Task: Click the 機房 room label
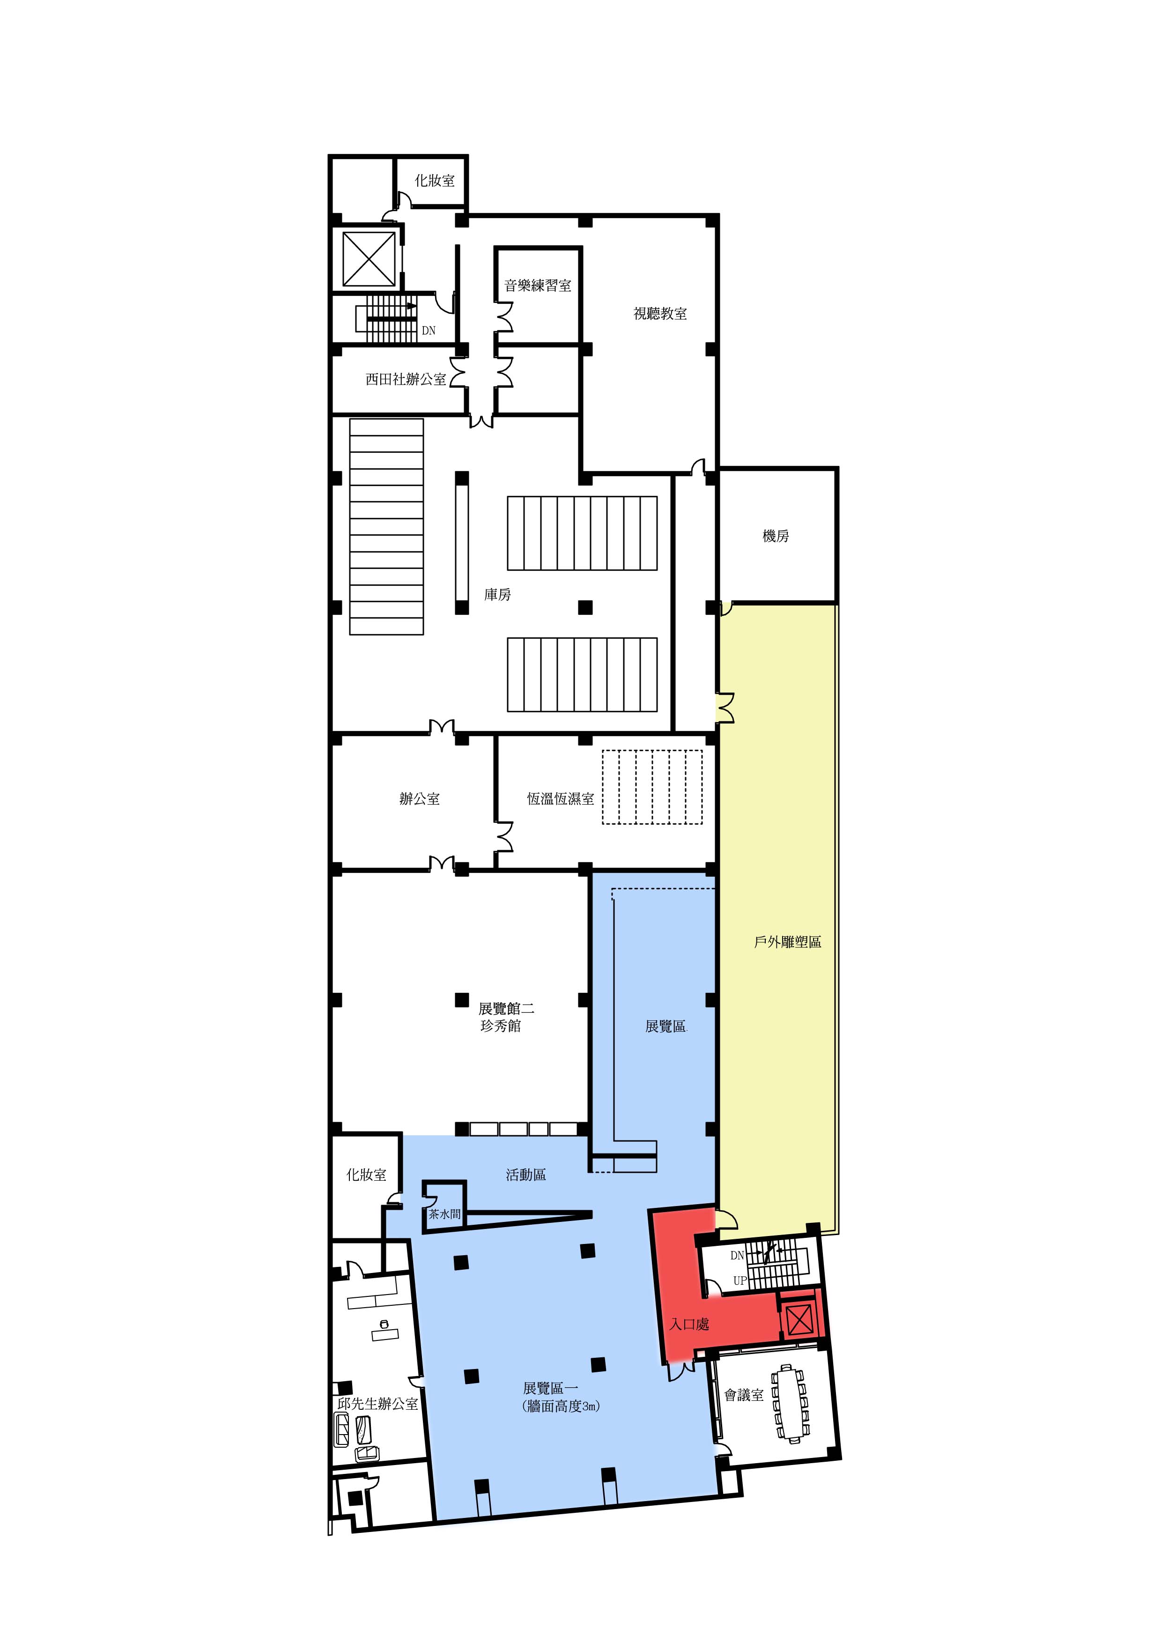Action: click(776, 536)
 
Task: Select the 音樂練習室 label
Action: click(538, 286)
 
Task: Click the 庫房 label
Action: click(497, 595)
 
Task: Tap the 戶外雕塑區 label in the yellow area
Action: click(788, 942)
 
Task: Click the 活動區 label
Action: click(526, 1174)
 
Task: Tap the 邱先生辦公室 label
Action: click(377, 1404)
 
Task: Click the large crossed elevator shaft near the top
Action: click(369, 259)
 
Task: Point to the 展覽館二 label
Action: click(506, 1009)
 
